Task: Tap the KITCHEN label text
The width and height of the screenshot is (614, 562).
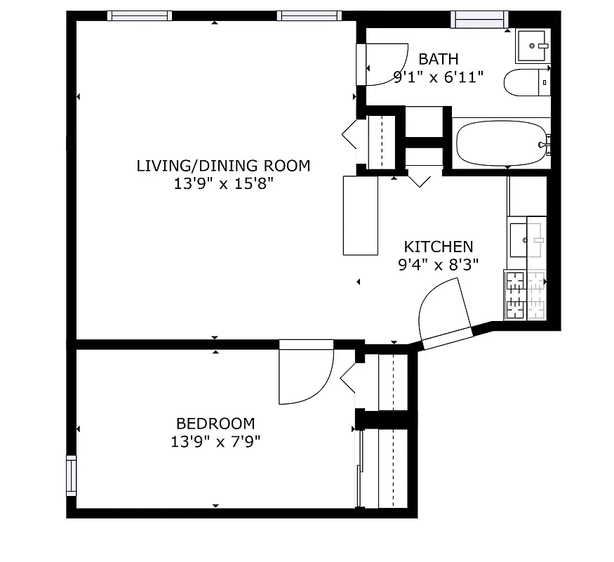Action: pos(438,247)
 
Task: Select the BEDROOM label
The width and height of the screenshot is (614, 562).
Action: pos(215,424)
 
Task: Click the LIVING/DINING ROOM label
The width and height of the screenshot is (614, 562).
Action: pos(222,166)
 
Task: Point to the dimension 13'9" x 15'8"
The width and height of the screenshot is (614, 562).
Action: pos(222,184)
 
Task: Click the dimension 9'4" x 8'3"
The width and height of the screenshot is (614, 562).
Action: pos(438,265)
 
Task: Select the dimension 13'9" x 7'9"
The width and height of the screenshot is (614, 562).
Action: pos(215,442)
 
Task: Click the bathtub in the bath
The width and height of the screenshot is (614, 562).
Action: pos(500,143)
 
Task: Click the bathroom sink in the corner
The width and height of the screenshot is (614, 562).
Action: pos(533,46)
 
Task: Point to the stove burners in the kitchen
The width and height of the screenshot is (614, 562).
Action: pos(525,294)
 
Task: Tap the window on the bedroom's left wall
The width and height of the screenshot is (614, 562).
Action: pos(71,476)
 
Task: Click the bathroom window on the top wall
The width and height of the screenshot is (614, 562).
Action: pos(479,18)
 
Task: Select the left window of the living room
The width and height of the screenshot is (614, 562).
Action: pos(140,16)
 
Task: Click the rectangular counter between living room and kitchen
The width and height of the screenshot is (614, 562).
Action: pos(360,215)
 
